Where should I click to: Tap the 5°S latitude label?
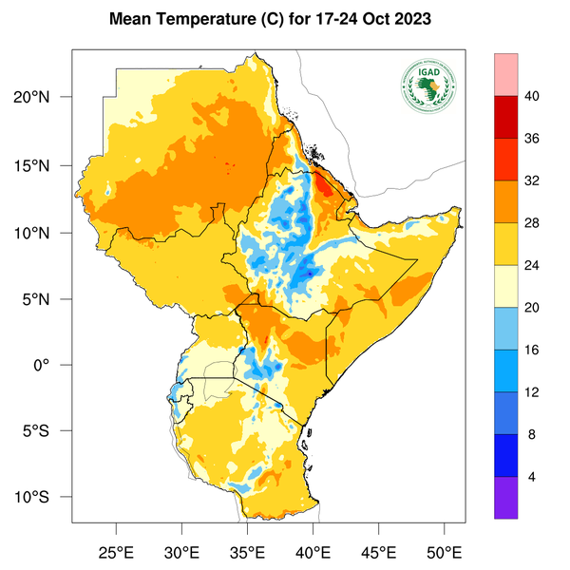47,431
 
